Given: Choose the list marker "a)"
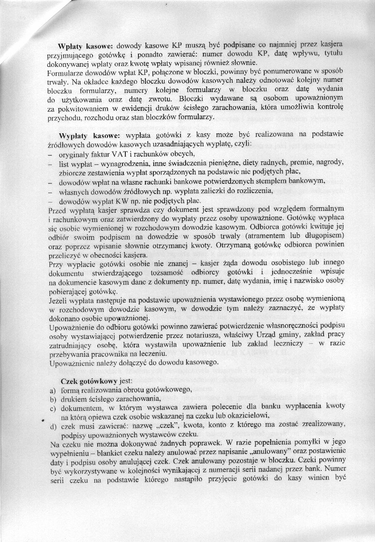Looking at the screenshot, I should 53,390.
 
